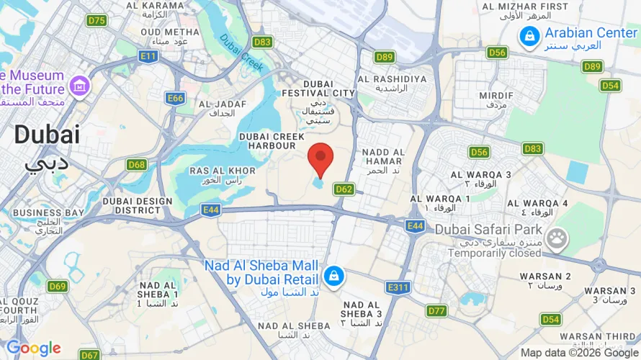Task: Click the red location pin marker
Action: pyautogui.click(x=320, y=157)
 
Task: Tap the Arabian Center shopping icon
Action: pyautogui.click(x=529, y=35)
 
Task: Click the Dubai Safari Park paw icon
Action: pyautogui.click(x=556, y=239)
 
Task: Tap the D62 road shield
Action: pyautogui.click(x=344, y=189)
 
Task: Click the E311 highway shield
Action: pyautogui.click(x=398, y=288)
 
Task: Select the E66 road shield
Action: pyautogui.click(x=174, y=98)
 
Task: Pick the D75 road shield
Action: pyautogui.click(x=97, y=20)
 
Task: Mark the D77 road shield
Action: pyautogui.click(x=436, y=311)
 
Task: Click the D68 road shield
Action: pyautogui.click(x=137, y=165)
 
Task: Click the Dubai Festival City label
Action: pyautogui.click(x=318, y=89)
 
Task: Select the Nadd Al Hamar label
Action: pyautogui.click(x=382, y=157)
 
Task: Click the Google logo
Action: pyautogui.click(x=34, y=348)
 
